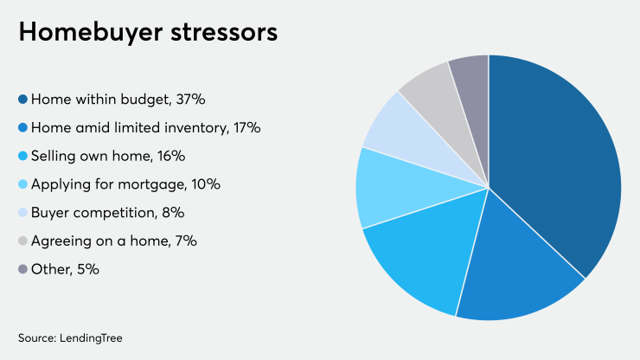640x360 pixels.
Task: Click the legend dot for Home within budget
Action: click(22, 100)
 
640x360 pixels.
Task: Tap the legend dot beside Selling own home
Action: click(22, 157)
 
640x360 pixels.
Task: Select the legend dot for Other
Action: click(22, 269)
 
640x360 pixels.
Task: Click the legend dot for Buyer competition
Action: click(22, 213)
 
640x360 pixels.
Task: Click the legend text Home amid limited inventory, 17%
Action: click(145, 128)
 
